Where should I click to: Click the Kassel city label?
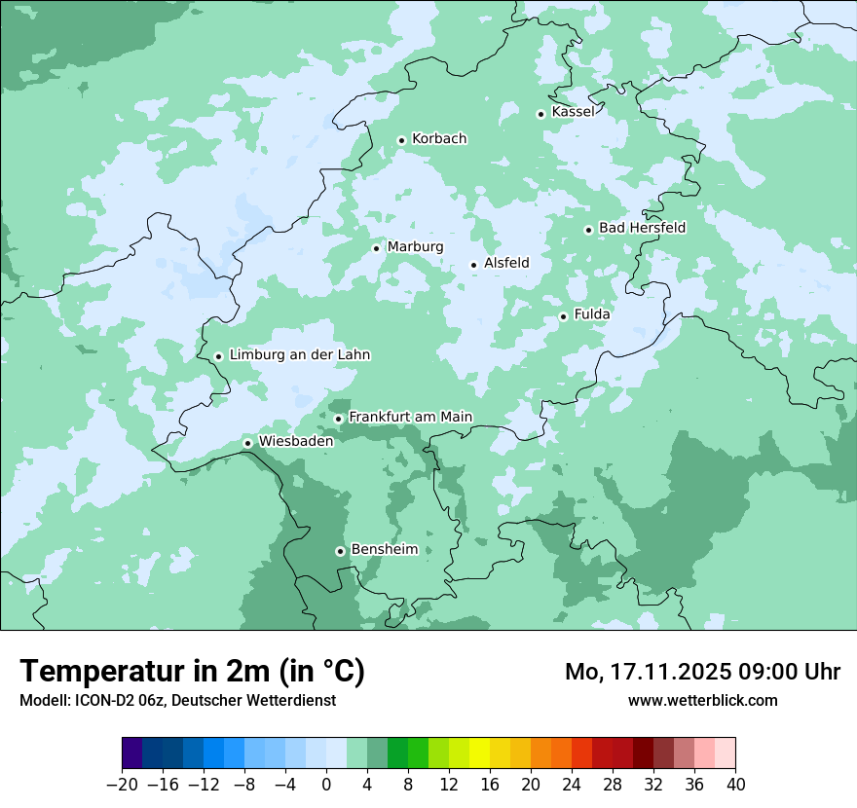tap(573, 112)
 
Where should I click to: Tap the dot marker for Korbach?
tap(401, 140)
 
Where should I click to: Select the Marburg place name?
tap(415, 247)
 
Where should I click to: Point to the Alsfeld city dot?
tap(474, 265)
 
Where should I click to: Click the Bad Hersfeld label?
tap(642, 229)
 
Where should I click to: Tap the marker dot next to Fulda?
tap(563, 316)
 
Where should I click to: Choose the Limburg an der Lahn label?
tap(299, 355)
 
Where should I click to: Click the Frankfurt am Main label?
tap(410, 418)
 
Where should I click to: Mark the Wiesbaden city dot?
tap(248, 443)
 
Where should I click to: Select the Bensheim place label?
tap(384, 550)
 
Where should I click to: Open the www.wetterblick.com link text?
tap(702, 700)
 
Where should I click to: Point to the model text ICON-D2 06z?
tap(112, 700)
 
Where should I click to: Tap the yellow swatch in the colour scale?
tap(479, 753)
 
